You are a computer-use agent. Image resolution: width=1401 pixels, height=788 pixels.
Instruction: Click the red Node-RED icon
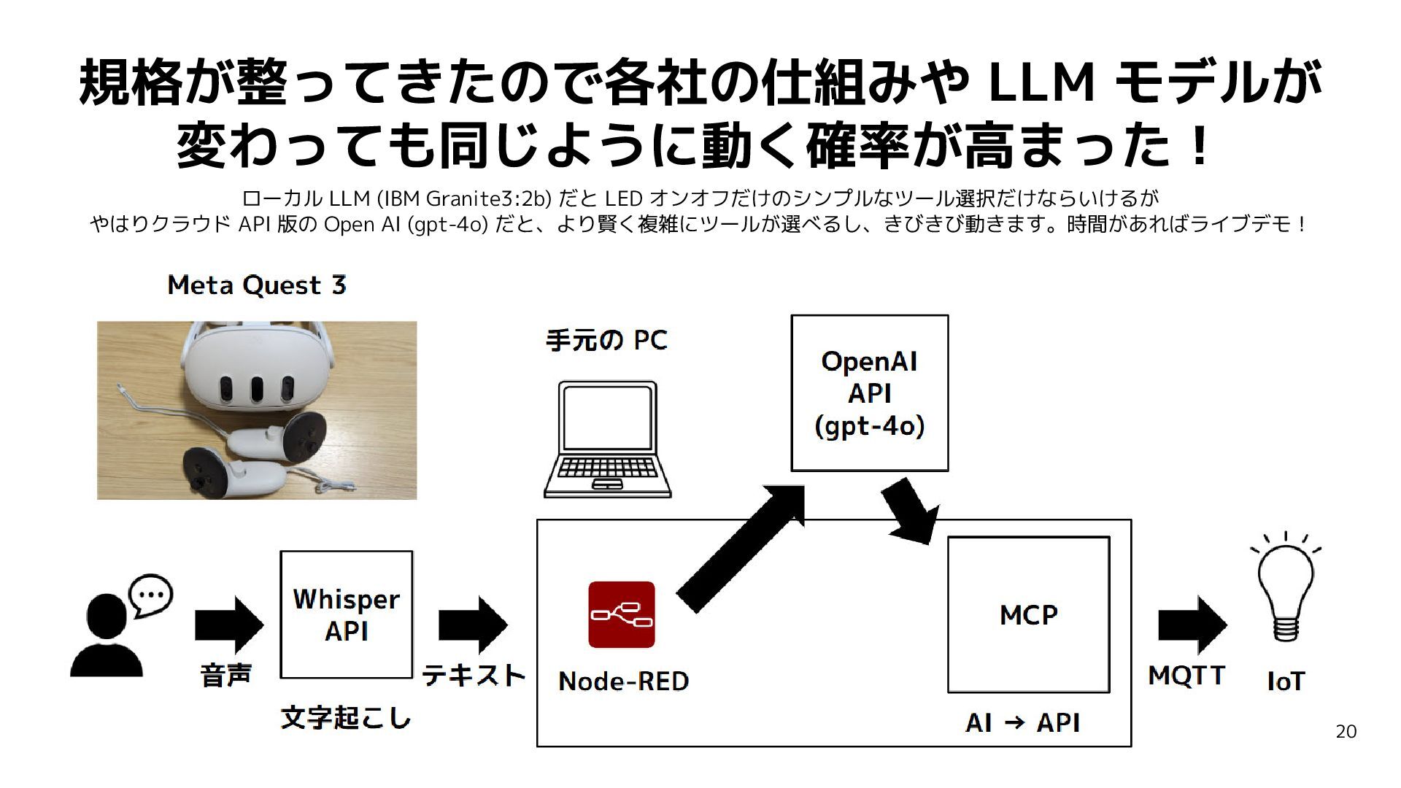point(622,614)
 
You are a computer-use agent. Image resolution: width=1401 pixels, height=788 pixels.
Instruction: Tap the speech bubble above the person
point(151,595)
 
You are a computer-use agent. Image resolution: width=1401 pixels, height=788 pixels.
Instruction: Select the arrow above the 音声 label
point(229,625)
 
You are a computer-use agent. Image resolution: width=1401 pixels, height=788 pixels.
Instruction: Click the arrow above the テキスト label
point(473,625)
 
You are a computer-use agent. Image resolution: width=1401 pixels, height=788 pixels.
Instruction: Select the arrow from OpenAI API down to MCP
point(910,511)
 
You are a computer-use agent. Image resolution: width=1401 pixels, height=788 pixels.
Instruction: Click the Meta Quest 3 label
point(257,285)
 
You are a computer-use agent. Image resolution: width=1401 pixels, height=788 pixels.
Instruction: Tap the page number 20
point(1346,732)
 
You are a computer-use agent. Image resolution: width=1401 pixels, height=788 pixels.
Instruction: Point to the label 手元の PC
point(607,340)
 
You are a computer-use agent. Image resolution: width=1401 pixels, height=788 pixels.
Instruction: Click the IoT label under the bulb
point(1286,681)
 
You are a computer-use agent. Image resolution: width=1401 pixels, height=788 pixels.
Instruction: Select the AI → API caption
point(1022,722)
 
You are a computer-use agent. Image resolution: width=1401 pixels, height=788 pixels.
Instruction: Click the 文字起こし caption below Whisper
point(346,719)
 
